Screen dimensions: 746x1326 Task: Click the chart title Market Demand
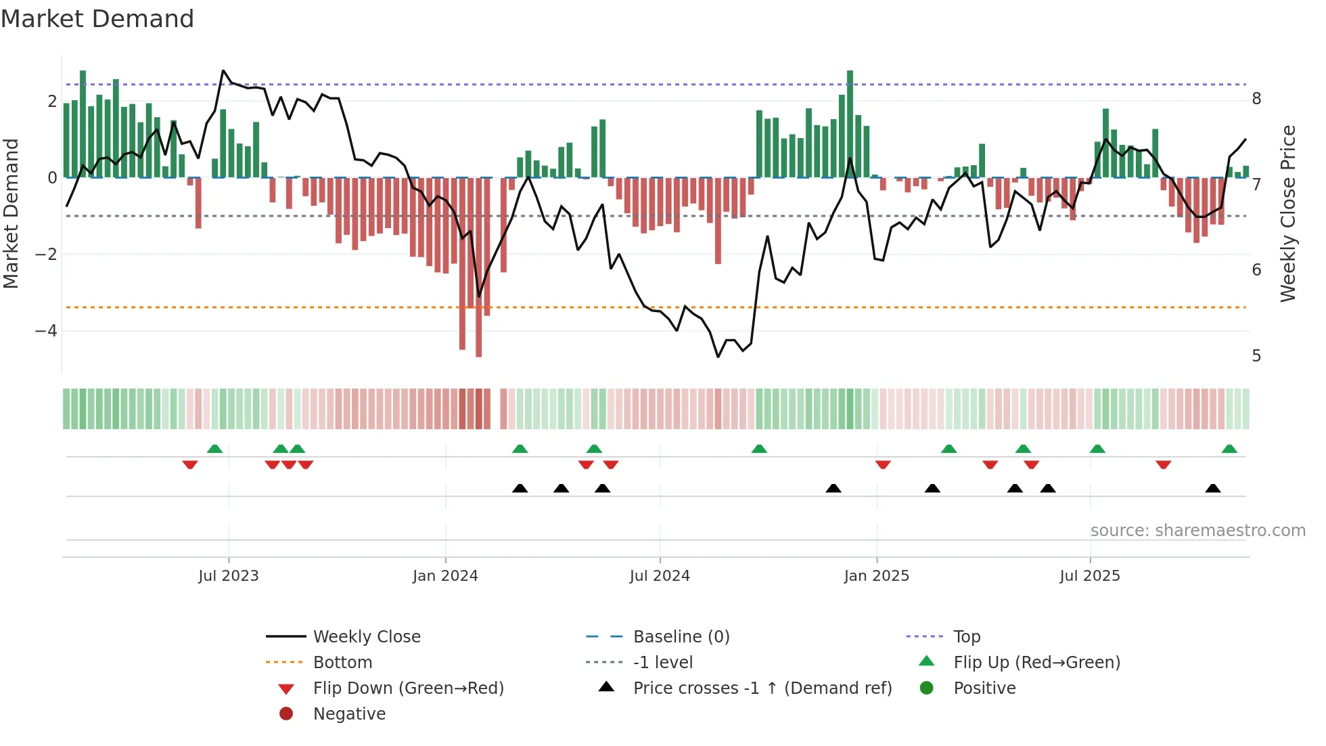[x=97, y=19]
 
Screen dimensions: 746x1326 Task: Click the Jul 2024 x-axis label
[x=660, y=576]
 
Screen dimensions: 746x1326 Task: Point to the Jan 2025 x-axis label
[x=876, y=576]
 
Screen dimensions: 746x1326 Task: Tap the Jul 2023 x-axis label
[x=229, y=576]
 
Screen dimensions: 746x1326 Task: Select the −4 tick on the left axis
[x=46, y=331]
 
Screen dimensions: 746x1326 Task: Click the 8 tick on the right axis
[x=1256, y=99]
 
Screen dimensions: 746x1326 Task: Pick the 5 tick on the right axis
[x=1256, y=356]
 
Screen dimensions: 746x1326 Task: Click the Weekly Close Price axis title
[x=1288, y=213]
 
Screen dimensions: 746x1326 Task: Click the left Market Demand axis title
[x=12, y=213]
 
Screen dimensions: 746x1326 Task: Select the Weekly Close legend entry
[x=366, y=637]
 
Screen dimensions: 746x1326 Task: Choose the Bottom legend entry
[x=342, y=663]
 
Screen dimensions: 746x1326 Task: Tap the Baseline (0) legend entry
[x=681, y=637]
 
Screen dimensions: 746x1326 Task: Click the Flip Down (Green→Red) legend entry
[x=408, y=688]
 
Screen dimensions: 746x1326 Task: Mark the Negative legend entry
[x=349, y=714]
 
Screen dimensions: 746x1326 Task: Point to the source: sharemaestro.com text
[x=1197, y=531]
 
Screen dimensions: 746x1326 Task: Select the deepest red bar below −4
[x=479, y=271]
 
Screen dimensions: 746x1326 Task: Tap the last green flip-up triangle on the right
[x=1229, y=449]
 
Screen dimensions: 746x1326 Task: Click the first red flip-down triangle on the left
[x=190, y=464]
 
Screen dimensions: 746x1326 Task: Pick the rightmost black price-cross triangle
[x=1213, y=488]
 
